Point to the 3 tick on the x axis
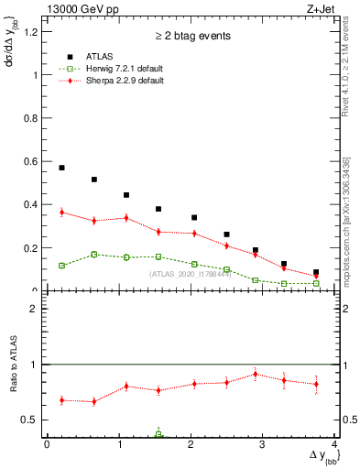coord(263,444)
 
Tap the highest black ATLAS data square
coord(61,168)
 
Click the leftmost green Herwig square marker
coord(61,266)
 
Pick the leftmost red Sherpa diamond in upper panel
coord(61,213)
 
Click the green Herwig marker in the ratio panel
coord(158,434)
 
